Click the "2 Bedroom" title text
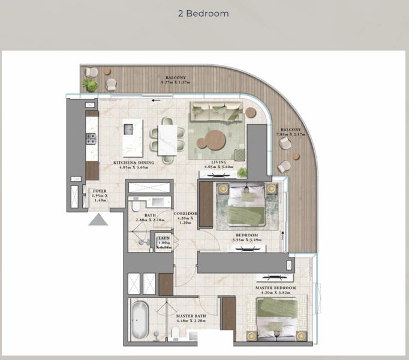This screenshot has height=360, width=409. point(203,13)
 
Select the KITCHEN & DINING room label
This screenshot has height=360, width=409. point(134,163)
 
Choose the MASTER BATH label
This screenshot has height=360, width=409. point(191,316)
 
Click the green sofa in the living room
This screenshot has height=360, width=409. point(215,111)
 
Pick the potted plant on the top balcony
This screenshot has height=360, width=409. point(90,85)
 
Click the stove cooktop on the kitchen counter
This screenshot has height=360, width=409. point(91,139)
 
